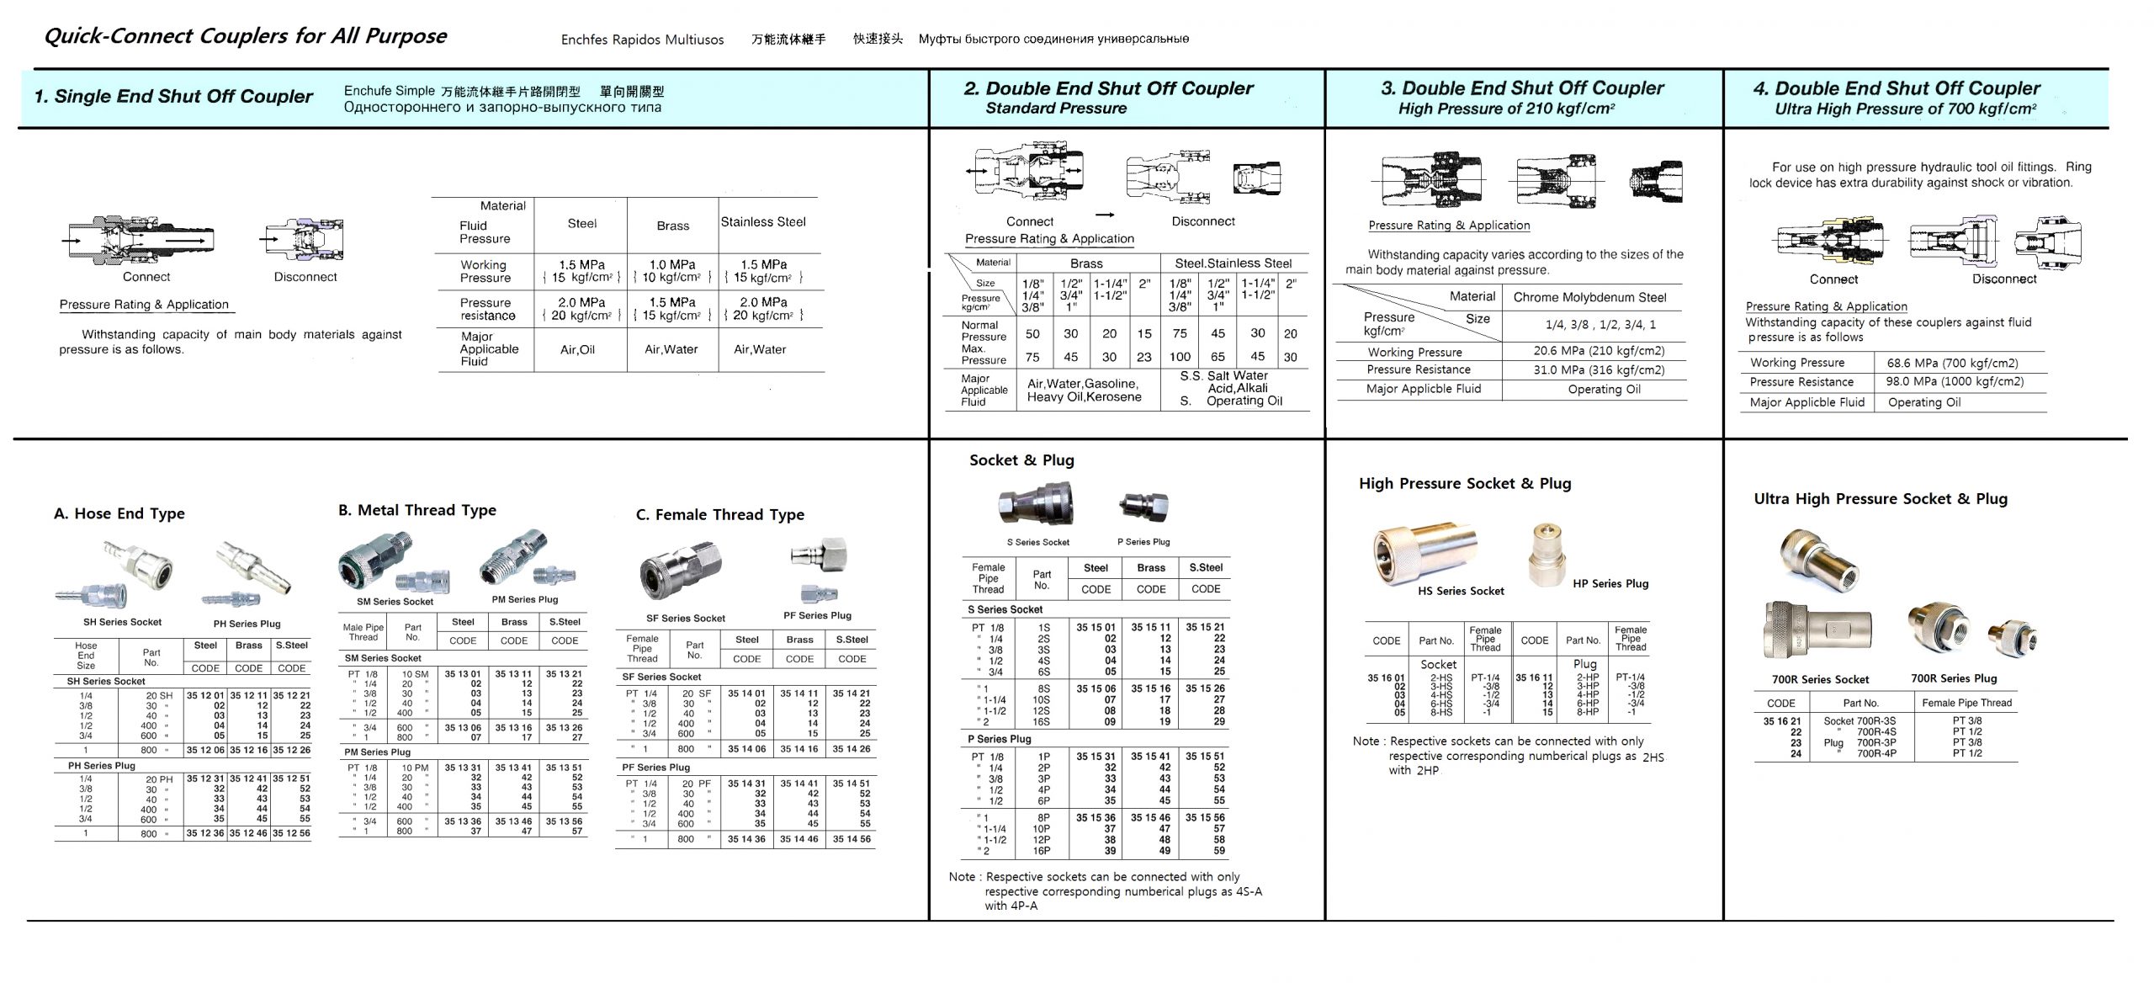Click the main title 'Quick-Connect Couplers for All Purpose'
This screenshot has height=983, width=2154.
click(x=245, y=36)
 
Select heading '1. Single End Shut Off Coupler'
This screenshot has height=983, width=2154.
click(x=173, y=97)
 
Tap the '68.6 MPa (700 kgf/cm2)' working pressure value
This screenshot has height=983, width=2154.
click(x=1951, y=363)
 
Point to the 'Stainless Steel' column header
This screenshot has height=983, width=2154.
click(x=763, y=222)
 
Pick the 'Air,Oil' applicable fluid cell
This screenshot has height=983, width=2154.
click(x=577, y=349)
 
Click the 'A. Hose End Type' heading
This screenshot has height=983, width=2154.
click(x=119, y=513)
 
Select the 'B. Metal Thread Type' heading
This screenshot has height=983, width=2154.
click(x=417, y=510)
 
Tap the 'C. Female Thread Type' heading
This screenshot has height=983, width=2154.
click(x=719, y=514)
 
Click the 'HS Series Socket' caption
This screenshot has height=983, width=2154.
click(x=1461, y=591)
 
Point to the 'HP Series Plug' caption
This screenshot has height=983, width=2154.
click(x=1610, y=583)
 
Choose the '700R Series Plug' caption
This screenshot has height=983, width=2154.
click(x=1953, y=678)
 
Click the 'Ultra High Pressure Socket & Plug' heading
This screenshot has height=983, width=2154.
click(x=1881, y=498)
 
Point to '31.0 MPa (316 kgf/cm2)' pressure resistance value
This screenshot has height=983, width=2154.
click(x=1598, y=369)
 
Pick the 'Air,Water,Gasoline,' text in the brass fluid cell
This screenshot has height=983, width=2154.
click(x=1083, y=384)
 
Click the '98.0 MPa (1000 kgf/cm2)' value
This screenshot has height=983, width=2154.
click(x=1954, y=381)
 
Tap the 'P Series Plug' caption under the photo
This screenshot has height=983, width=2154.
click(x=1143, y=542)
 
